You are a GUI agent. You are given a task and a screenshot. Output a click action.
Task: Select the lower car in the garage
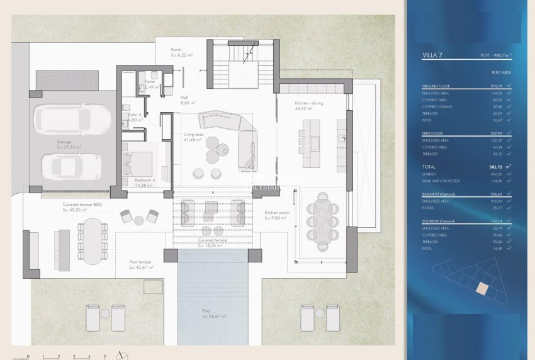70,166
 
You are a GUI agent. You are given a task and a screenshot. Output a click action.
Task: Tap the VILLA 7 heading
432,55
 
